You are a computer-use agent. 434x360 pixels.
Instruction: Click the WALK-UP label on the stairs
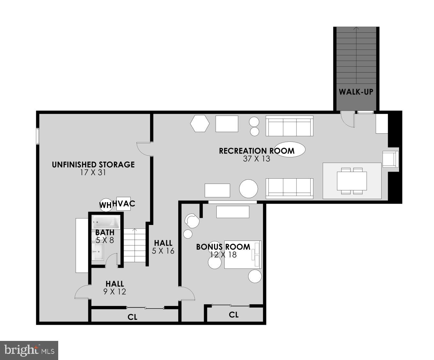click(356, 92)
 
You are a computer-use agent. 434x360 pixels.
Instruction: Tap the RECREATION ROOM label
click(256, 151)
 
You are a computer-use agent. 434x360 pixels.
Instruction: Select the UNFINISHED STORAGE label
click(93, 165)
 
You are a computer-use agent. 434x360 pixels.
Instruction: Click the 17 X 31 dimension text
click(93, 173)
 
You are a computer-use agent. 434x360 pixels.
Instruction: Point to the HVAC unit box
click(124, 204)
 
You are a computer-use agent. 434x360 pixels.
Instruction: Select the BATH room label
click(105, 232)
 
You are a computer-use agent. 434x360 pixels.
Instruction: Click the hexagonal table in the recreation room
click(200, 124)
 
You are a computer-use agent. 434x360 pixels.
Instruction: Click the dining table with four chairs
click(352, 181)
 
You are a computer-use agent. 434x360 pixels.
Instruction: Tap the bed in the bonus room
click(243, 254)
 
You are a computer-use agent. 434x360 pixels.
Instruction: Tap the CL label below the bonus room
click(234, 315)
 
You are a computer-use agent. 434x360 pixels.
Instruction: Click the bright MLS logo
click(29, 350)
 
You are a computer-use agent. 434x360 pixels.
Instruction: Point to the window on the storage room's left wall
click(38, 136)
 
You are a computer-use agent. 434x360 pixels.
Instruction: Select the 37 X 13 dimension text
click(256, 159)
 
